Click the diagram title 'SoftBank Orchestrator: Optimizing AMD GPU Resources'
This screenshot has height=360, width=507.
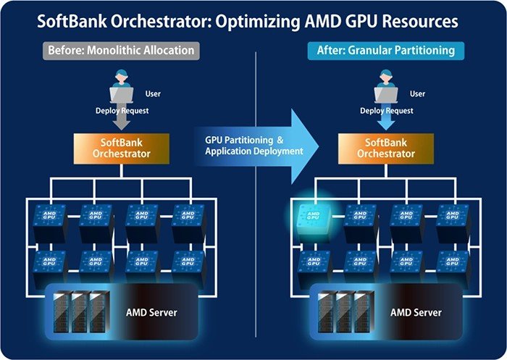click(x=253, y=21)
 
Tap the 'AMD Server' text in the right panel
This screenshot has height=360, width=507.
click(x=416, y=313)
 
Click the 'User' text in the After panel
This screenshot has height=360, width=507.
click(x=417, y=93)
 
